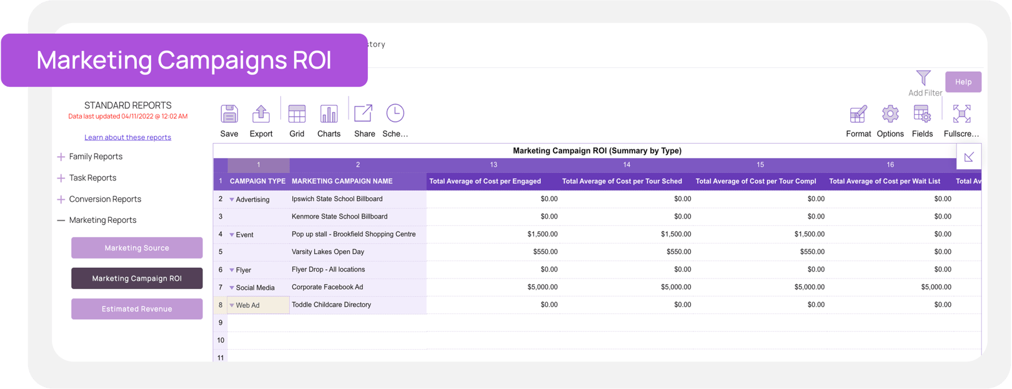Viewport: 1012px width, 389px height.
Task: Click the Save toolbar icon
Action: [x=229, y=114]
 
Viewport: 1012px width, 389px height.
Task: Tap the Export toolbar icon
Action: [x=260, y=114]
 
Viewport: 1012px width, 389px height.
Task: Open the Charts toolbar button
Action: [x=329, y=114]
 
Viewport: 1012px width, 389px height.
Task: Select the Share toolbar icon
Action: [x=364, y=114]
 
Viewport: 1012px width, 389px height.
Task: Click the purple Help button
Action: [x=963, y=82]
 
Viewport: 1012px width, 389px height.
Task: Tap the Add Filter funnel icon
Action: [x=923, y=78]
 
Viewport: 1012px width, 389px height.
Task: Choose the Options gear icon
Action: [x=890, y=114]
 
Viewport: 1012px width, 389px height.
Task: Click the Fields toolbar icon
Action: [x=922, y=114]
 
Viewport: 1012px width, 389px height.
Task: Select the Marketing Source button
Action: [x=137, y=248]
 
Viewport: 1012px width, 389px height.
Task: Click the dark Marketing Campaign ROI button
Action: [x=137, y=278]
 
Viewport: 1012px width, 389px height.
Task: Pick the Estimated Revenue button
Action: [x=137, y=309]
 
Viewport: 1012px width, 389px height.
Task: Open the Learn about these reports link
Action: [x=127, y=137]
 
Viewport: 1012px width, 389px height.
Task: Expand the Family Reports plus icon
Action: [x=61, y=157]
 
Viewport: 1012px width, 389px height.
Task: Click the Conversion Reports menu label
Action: [x=105, y=199]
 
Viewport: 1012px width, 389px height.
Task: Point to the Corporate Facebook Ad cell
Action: [x=327, y=287]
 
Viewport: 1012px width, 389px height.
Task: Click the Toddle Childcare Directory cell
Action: [x=331, y=305]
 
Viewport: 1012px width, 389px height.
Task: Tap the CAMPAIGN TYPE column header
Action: [x=257, y=181]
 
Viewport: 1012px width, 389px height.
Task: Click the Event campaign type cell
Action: [x=245, y=235]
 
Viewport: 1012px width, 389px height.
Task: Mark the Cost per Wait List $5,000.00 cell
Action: [x=936, y=287]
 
